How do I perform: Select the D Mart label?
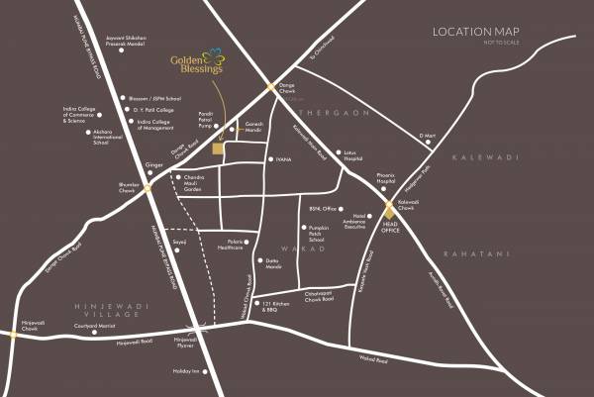point(428,134)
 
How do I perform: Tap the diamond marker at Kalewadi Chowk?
point(389,209)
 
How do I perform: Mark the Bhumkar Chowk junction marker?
point(147,188)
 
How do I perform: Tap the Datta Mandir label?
point(272,263)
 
